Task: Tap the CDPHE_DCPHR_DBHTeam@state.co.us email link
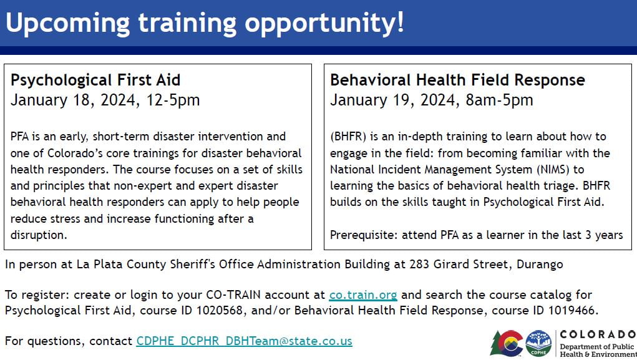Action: point(244,341)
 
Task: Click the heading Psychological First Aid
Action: point(95,80)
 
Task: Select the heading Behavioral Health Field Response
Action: point(457,80)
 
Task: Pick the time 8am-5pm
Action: point(499,100)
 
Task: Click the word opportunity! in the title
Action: point(324,22)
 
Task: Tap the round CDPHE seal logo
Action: point(538,343)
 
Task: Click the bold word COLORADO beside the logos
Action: point(597,334)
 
